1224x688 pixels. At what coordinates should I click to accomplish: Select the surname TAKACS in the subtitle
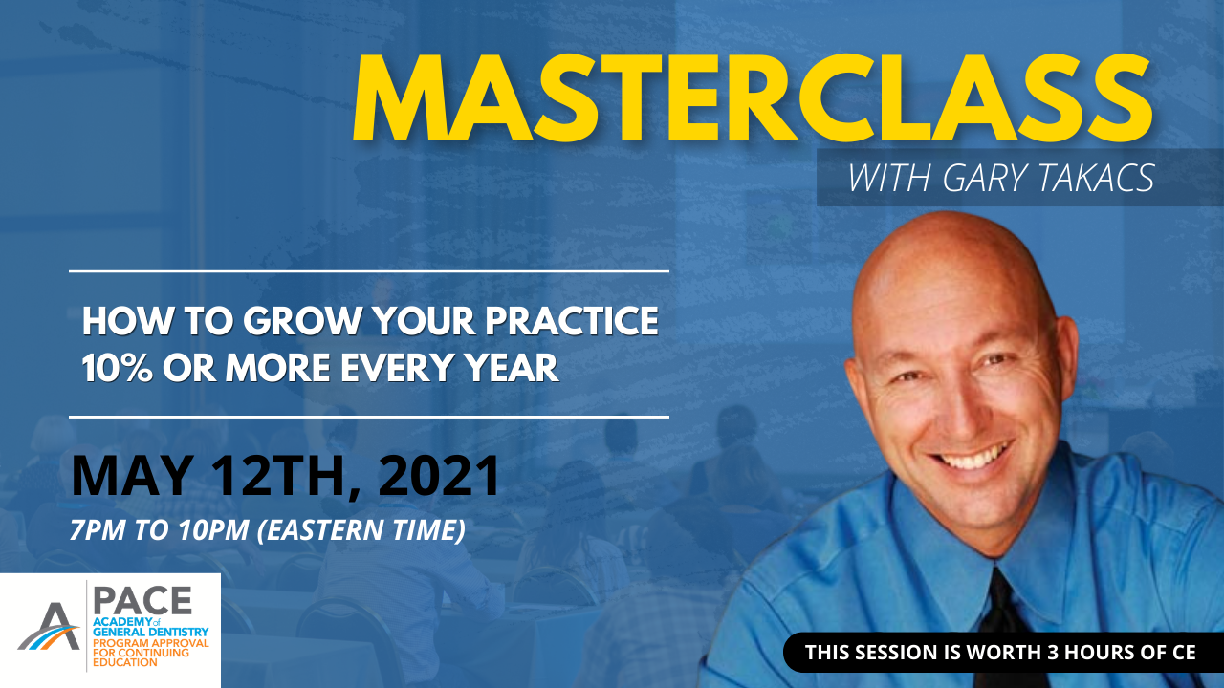(1099, 179)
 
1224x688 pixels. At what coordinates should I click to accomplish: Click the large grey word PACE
(142, 599)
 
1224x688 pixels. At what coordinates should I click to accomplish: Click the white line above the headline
(368, 271)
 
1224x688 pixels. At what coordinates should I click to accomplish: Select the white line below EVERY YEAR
(368, 417)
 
